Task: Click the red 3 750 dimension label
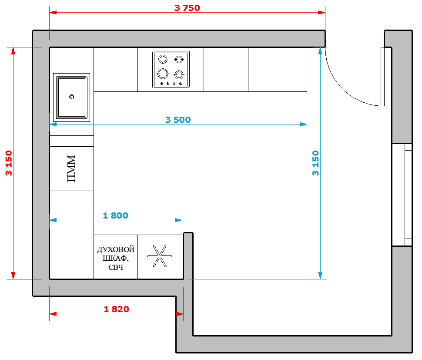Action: click(x=187, y=8)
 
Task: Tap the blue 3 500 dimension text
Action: click(x=178, y=120)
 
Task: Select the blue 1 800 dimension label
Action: click(x=115, y=215)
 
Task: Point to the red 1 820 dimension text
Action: click(x=116, y=309)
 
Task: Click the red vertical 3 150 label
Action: click(x=9, y=163)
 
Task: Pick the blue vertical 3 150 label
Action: click(x=315, y=163)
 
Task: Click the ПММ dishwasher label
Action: click(x=71, y=168)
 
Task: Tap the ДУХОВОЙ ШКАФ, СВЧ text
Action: click(x=116, y=258)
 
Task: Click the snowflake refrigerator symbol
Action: click(x=160, y=256)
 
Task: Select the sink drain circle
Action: click(x=72, y=97)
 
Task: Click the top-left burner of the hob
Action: click(x=163, y=59)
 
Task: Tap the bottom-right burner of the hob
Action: click(x=179, y=74)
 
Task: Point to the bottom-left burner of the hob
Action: click(x=163, y=74)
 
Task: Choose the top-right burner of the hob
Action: click(x=179, y=59)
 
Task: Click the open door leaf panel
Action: click(x=382, y=77)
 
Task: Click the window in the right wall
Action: click(x=402, y=195)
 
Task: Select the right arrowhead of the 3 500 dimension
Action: click(x=303, y=124)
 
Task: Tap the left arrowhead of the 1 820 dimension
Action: click(x=53, y=314)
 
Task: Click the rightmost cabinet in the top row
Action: click(x=278, y=70)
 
